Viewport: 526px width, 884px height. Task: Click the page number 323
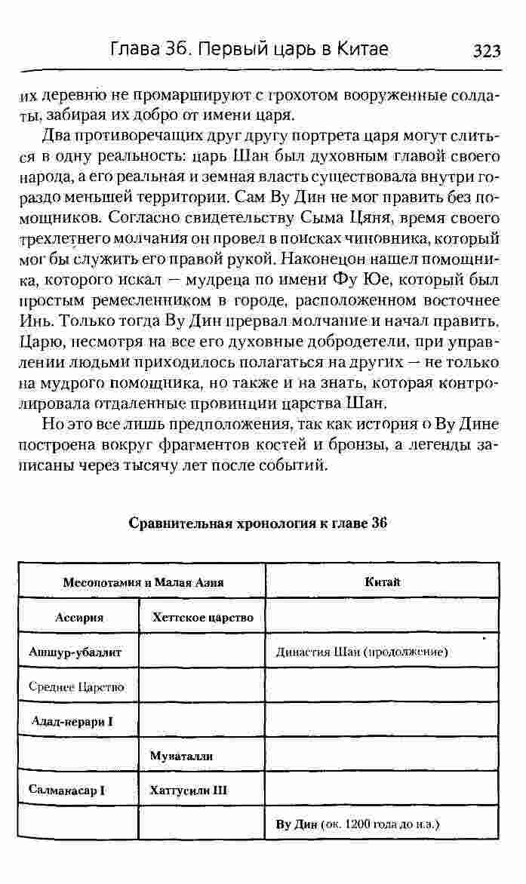point(487,51)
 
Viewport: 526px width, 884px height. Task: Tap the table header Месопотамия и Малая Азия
point(143,582)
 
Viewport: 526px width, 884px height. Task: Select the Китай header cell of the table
point(382,582)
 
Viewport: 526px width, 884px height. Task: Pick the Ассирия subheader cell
point(79,617)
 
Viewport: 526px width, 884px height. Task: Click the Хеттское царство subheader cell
point(202,617)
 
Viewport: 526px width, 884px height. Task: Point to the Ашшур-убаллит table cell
point(75,652)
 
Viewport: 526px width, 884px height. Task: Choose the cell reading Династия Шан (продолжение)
point(362,652)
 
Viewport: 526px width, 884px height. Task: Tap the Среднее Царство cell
point(76,686)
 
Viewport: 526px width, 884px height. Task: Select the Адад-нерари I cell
point(72,721)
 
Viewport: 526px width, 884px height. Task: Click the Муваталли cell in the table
point(181,755)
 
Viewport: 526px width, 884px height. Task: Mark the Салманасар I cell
point(66,790)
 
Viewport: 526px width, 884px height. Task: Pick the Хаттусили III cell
point(189,790)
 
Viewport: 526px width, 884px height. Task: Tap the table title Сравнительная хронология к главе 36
point(258,523)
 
